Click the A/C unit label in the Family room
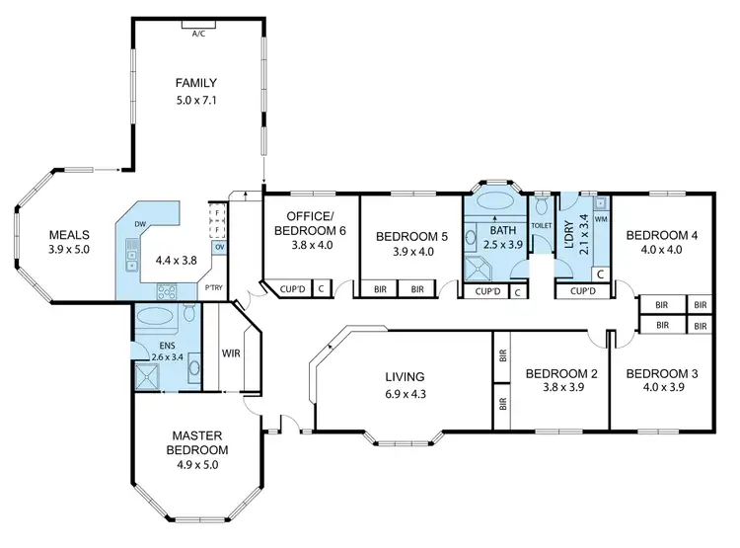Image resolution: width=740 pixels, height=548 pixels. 198,33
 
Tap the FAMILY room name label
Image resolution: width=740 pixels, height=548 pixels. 196,83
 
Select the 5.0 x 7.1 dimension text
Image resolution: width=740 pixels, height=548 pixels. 196,100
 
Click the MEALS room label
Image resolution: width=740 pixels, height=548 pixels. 69,235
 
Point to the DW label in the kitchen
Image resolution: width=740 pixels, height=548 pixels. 142,224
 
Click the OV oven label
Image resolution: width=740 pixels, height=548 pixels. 218,247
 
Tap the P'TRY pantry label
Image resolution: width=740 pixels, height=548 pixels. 213,288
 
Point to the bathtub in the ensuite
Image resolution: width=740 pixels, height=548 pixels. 155,317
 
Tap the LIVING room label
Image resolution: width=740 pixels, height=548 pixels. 406,376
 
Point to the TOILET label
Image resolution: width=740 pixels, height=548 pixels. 542,225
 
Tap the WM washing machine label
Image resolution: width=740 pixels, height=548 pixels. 600,217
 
